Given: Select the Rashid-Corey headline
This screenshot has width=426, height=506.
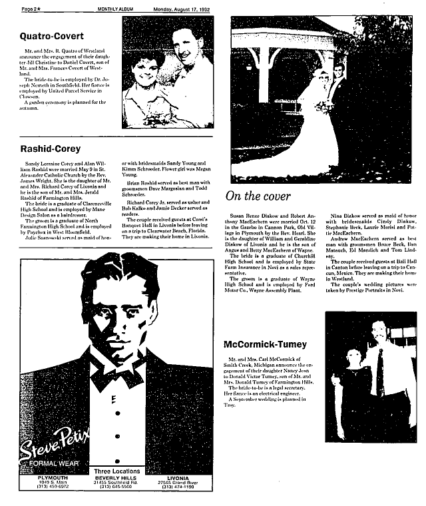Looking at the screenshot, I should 51,148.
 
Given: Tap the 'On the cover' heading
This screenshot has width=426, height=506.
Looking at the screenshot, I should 258,196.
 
